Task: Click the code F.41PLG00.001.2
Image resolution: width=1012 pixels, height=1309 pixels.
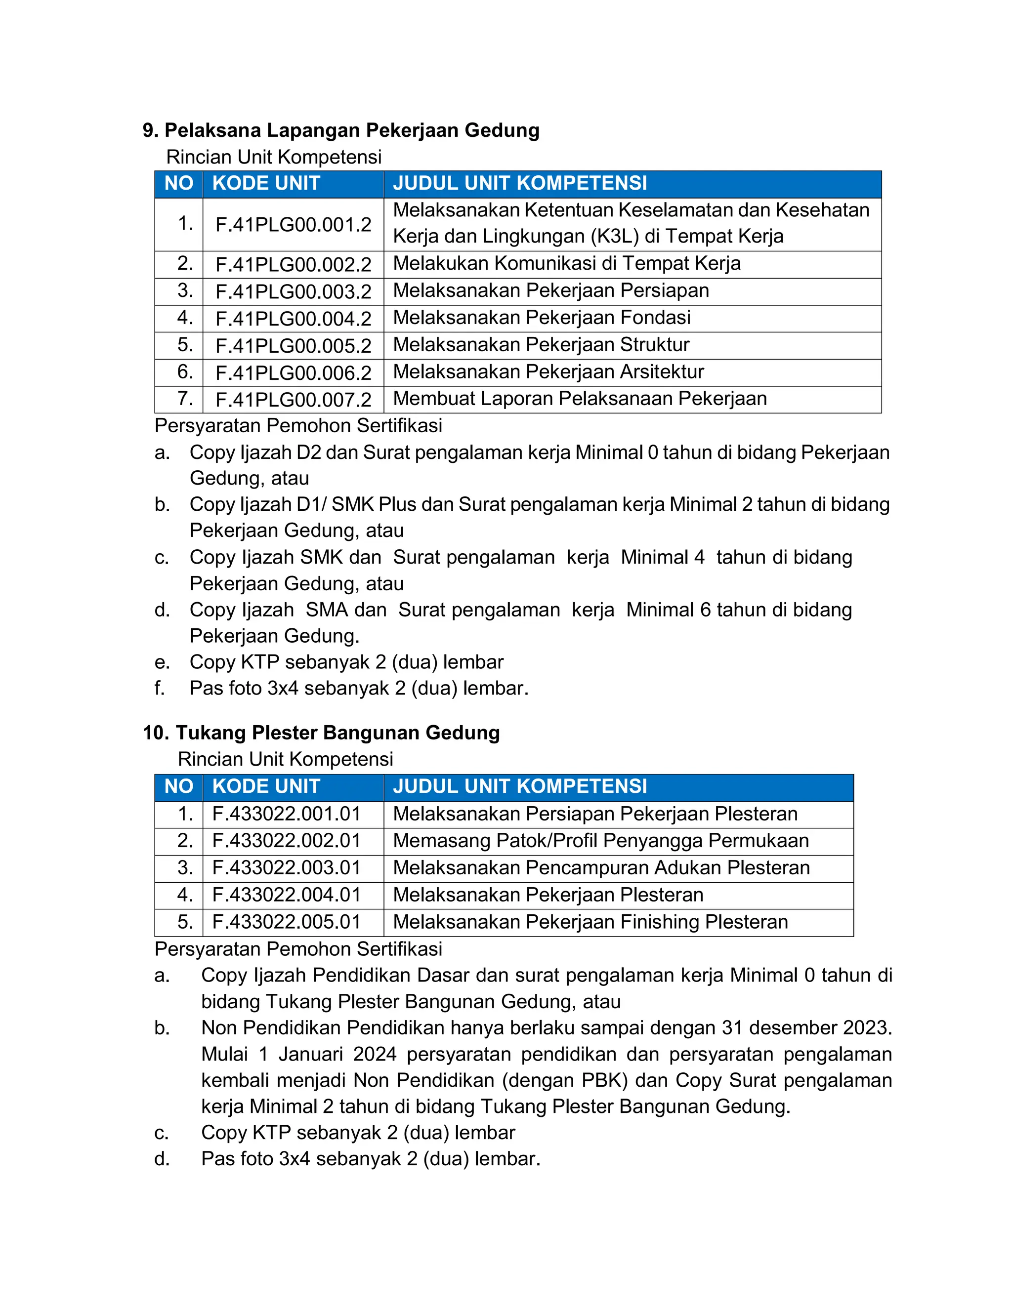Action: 293,225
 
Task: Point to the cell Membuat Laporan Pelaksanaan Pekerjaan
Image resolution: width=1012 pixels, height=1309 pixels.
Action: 579,399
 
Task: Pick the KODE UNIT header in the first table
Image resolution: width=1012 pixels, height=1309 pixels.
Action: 266,183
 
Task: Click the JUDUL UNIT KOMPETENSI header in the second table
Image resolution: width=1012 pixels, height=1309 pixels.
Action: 520,786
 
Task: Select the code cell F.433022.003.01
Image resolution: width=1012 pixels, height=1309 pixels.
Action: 287,868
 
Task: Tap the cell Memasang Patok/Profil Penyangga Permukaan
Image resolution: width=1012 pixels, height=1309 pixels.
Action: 601,841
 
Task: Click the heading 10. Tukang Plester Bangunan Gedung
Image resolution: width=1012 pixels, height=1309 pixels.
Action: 321,733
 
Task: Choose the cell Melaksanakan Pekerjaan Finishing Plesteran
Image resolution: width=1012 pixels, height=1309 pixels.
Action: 590,922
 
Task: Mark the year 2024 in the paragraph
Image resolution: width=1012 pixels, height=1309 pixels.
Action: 375,1054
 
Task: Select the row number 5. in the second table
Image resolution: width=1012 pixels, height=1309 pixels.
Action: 185,922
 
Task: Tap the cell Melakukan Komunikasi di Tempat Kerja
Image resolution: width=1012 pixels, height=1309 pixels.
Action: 567,264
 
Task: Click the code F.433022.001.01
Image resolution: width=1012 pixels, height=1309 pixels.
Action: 287,814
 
